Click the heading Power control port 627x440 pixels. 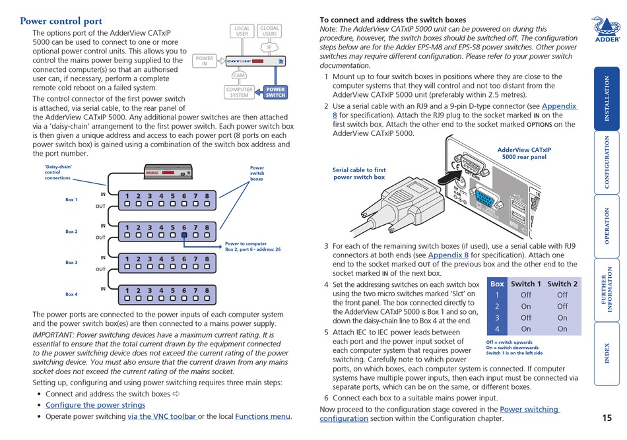tap(61, 21)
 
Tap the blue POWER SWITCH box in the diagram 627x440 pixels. tap(275, 92)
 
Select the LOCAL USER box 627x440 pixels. tap(242, 31)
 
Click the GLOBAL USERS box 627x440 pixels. tap(269, 31)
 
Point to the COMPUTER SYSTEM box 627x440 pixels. tap(240, 92)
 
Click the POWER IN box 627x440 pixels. tap(205, 61)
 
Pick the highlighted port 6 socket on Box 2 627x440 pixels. tap(184, 234)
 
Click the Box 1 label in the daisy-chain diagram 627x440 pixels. tap(71, 200)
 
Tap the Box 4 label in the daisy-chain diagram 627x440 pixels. tap(71, 294)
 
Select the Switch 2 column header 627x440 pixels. tap(562, 284)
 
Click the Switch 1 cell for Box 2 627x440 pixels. tap(526, 306)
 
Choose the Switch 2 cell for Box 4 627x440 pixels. tap(562, 329)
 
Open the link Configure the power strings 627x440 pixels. tap(95, 405)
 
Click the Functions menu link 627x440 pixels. tap(263, 416)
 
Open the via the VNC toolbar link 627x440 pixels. tap(162, 416)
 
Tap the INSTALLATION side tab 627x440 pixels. tap(607, 99)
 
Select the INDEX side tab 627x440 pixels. tap(607, 354)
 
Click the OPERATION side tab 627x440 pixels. tap(607, 226)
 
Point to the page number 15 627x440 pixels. tap(607, 418)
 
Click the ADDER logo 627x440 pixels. tap(606, 30)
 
